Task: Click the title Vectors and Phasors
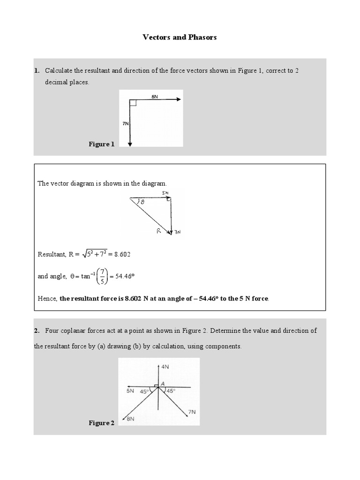[x=180, y=37]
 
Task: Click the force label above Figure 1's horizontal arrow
[x=155, y=96]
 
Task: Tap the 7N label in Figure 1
[x=125, y=123]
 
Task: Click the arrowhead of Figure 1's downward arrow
[x=130, y=144]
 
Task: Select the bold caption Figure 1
[x=102, y=144]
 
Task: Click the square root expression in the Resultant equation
[x=97, y=254]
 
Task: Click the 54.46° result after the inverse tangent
[x=125, y=277]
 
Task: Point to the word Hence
[x=47, y=299]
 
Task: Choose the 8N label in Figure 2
[x=131, y=419]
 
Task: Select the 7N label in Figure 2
[x=191, y=412]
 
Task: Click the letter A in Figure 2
[x=162, y=383]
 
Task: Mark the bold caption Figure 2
[x=102, y=423]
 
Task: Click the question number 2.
[x=37, y=330]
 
